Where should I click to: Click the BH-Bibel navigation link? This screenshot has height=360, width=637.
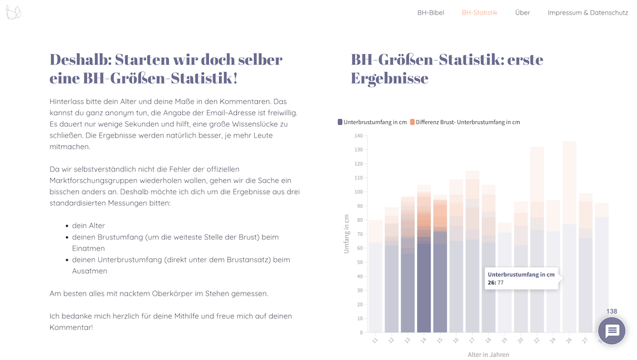431,13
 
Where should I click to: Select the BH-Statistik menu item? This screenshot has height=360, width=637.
480,13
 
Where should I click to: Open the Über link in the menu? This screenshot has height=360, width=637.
522,13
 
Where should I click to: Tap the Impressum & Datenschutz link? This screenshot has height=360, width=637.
588,13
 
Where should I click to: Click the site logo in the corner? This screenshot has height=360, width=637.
13,12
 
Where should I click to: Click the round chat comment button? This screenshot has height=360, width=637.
612,331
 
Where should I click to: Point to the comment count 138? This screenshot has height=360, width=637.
612,311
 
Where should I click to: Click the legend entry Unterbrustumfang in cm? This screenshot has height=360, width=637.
372,122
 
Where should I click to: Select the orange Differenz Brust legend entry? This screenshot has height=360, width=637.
465,122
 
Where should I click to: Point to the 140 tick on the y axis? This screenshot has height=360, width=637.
358,136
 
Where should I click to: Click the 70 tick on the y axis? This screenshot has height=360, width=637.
360,234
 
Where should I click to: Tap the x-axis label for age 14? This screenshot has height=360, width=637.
423,340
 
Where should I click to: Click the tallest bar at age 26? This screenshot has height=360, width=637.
569,237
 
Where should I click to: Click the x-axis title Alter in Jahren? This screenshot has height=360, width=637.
489,355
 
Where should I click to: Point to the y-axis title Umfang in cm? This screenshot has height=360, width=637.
347,234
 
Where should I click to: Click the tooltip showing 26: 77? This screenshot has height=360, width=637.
521,278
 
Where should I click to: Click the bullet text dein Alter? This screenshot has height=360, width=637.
88,226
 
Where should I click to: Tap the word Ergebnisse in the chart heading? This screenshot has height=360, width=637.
390,78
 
